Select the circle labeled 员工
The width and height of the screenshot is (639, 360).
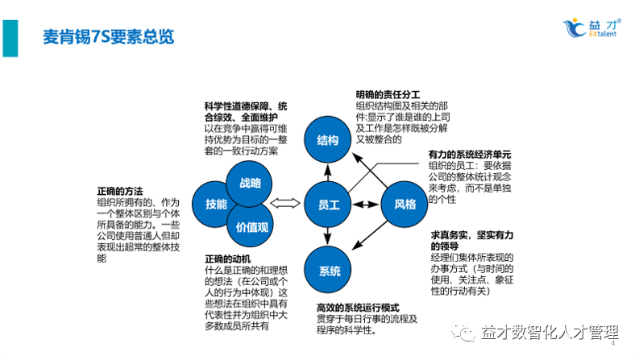pyautogui.click(x=327, y=205)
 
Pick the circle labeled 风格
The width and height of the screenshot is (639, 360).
pyautogui.click(x=405, y=205)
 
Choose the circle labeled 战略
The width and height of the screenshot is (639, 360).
pyautogui.click(x=249, y=183)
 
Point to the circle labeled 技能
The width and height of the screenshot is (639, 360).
pyautogui.click(x=217, y=205)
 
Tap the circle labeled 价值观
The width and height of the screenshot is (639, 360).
pyautogui.click(x=251, y=227)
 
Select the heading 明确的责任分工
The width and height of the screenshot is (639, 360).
pyautogui.click(x=388, y=95)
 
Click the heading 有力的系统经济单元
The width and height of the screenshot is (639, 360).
pyautogui.click(x=470, y=154)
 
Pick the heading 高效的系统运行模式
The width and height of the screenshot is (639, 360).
pyautogui.click(x=358, y=308)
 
